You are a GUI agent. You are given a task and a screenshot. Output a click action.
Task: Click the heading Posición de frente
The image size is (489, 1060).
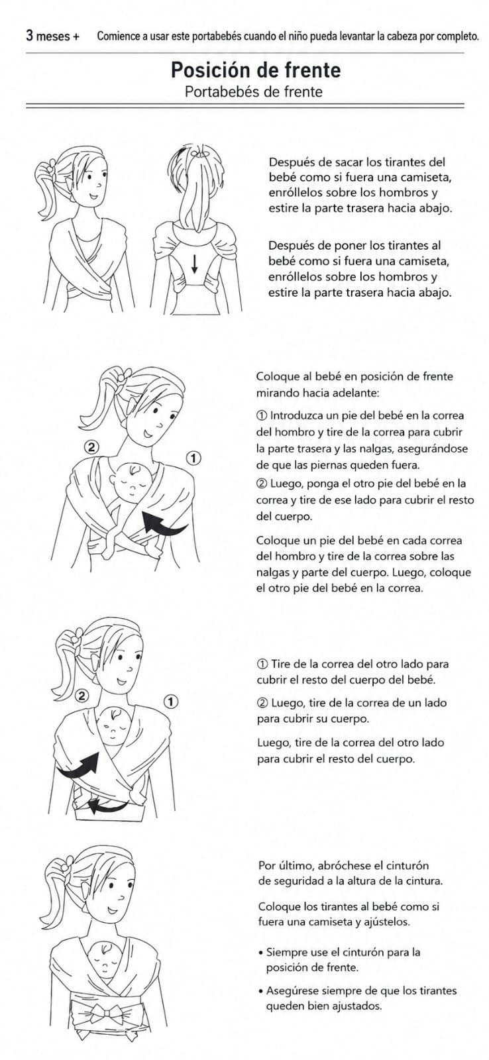[256, 70]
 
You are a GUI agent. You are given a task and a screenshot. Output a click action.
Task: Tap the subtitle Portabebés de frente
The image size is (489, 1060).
[254, 91]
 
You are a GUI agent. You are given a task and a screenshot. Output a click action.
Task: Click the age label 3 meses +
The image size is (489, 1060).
[52, 36]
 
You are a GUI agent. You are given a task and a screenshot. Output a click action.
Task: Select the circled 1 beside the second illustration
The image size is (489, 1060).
[193, 458]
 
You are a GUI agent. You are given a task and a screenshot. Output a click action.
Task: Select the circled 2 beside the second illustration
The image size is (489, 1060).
[91, 447]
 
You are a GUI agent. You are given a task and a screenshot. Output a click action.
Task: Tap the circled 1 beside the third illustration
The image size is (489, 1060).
[171, 702]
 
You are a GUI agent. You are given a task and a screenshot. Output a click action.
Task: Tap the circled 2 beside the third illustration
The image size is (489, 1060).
[82, 696]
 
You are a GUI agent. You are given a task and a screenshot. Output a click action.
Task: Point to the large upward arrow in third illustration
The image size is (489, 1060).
[80, 766]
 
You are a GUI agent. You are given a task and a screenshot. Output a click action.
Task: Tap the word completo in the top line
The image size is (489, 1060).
[459, 36]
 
